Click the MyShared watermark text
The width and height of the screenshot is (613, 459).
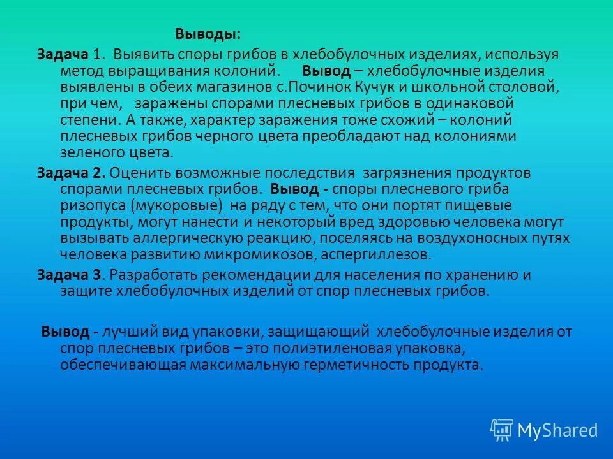point(557,430)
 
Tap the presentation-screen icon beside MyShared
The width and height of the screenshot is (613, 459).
point(502,430)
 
